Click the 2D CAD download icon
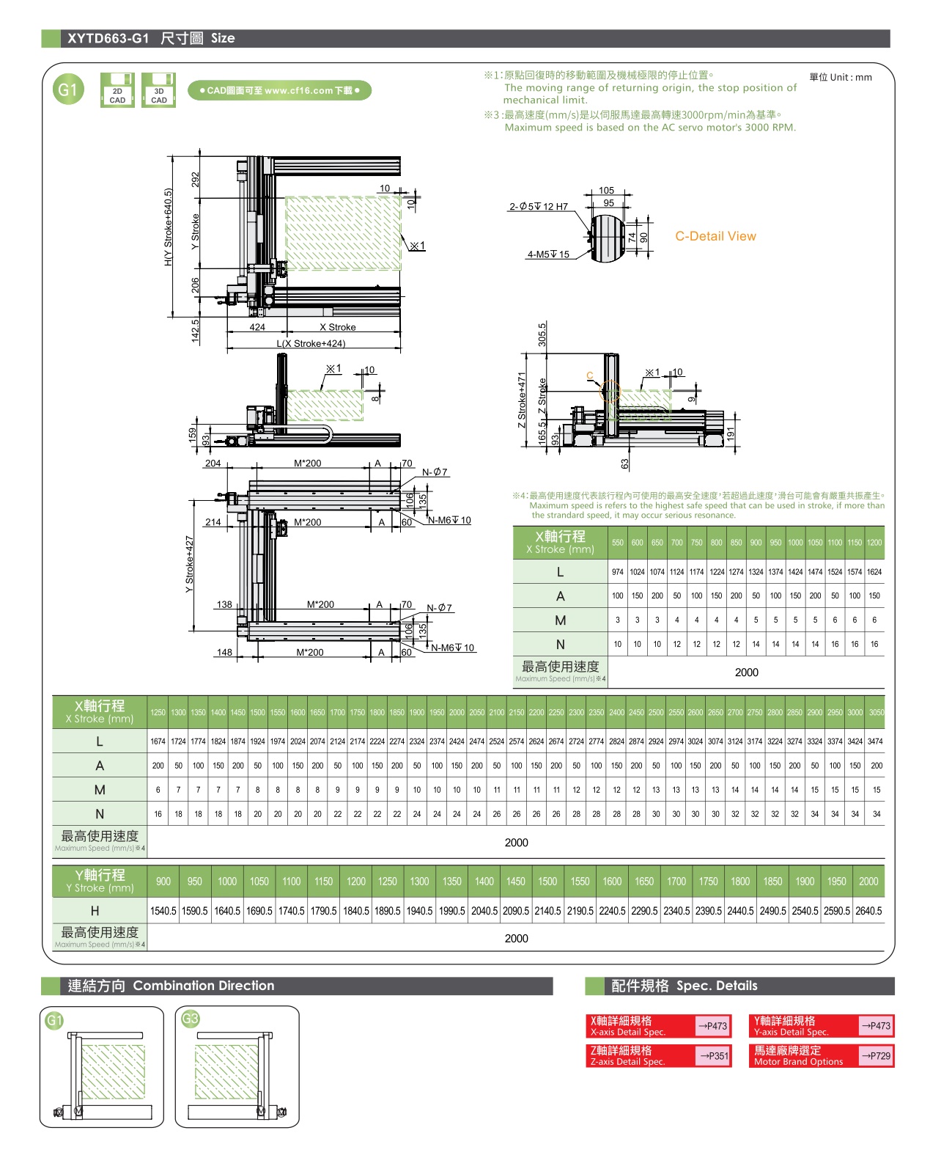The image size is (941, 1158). coord(117,90)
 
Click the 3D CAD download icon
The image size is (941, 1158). coord(158,90)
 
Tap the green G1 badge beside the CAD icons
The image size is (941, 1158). coord(67,90)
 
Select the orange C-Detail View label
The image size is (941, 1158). coord(715,236)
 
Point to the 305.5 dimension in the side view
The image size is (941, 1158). coord(542,334)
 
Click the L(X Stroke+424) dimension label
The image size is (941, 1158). coord(311,344)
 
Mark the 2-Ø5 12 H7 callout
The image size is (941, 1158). coord(539,207)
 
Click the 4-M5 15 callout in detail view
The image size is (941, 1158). coord(548,254)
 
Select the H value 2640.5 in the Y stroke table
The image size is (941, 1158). coord(868,911)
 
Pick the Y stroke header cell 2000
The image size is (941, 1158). coord(868,882)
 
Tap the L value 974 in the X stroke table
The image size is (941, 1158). coord(618,572)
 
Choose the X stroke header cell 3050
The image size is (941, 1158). coord(876,712)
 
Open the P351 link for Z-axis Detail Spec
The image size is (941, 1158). coord(713,1056)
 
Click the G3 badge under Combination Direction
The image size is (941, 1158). coord(191,1019)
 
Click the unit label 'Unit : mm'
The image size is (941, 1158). coord(841,77)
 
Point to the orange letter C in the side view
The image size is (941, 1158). coord(589,376)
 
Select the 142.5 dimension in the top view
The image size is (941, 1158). coord(196,331)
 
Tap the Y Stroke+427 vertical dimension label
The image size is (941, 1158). coord(190,565)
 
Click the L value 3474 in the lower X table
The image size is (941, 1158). coord(876,741)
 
